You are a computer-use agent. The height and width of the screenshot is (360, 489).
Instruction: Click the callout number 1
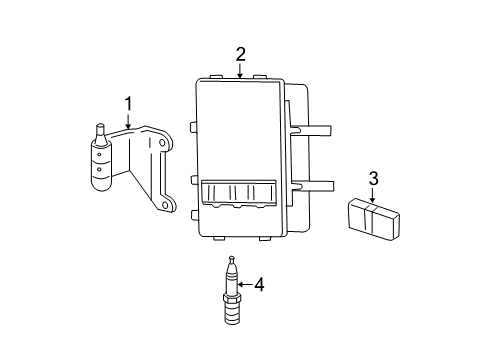click(x=128, y=103)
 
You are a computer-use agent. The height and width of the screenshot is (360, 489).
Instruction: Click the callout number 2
click(x=240, y=53)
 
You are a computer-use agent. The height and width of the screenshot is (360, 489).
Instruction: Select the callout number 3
click(x=373, y=179)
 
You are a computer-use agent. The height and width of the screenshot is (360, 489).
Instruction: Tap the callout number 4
click(x=259, y=285)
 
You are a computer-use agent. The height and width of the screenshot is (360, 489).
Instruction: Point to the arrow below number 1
click(x=128, y=121)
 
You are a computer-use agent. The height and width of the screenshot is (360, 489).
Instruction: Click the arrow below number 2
click(x=240, y=70)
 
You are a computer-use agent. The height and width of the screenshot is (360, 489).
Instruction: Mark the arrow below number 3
click(x=373, y=195)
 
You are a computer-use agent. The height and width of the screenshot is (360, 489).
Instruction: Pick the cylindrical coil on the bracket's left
click(x=102, y=163)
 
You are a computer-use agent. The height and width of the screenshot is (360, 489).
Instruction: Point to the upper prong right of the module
click(x=316, y=129)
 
